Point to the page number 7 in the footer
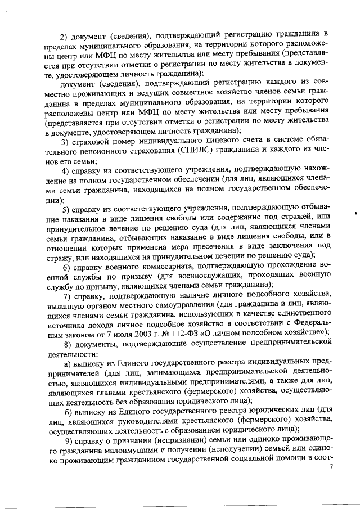click(331, 467)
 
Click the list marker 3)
click(66, 139)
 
